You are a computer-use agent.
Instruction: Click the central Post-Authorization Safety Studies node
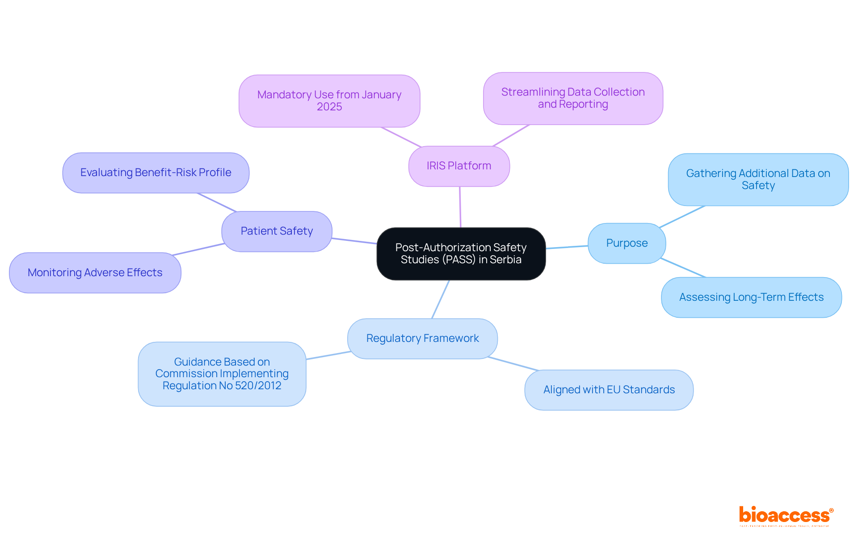461,253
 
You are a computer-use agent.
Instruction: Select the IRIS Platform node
459,166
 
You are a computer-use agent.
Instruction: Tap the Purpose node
627,243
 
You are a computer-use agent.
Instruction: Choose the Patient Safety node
277,231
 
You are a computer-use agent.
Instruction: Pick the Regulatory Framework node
422,338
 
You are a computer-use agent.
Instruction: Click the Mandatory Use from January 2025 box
329,101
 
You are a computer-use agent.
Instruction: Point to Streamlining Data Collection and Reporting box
573,98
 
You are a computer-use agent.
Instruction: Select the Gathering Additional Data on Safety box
758,179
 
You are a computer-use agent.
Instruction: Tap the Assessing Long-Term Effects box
751,297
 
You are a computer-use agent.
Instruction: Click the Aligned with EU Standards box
609,390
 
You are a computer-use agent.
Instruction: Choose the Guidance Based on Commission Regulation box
222,374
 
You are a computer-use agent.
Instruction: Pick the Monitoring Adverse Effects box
95,273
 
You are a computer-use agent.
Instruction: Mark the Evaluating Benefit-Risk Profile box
156,173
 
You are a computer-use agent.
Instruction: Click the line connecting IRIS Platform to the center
460,207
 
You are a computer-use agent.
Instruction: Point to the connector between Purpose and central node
567,247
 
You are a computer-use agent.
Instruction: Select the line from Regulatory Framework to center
440,299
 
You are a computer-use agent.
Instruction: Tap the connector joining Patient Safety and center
354,241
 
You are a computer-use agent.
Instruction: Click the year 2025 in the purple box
329,107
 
